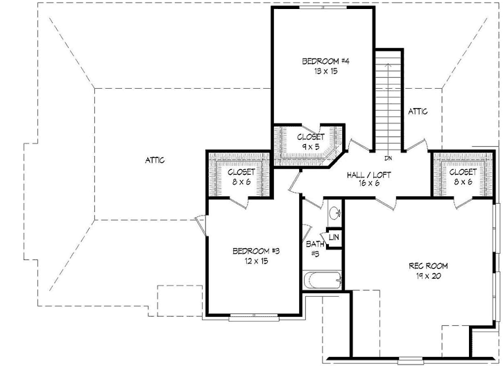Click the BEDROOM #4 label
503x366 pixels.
coord(320,61)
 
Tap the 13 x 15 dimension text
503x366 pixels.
coord(320,71)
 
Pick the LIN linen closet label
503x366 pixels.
coord(334,238)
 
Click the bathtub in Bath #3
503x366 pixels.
coord(323,281)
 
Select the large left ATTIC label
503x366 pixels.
coord(154,160)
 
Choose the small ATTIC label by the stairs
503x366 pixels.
coord(418,111)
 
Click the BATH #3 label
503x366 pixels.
coord(313,249)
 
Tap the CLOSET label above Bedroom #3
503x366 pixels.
coord(241,171)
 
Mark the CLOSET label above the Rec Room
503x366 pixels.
coord(463,171)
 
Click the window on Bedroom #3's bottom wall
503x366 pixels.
coord(255,318)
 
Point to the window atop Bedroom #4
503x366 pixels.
coord(323,8)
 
